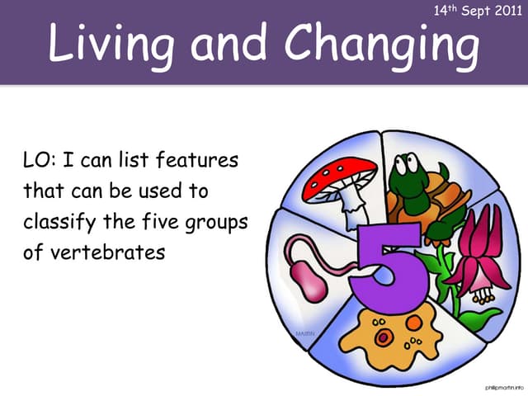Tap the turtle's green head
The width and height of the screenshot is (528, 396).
[407, 175]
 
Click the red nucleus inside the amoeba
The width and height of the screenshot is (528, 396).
[384, 337]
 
